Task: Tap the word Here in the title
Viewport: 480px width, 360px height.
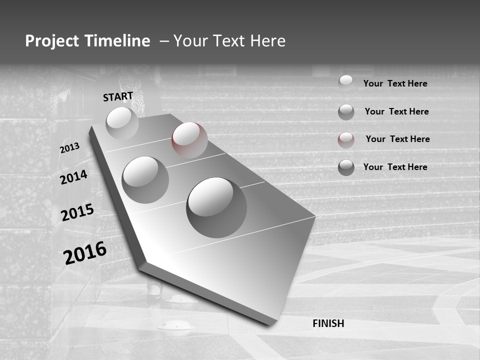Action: (267, 41)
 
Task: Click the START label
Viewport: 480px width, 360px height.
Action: (118, 96)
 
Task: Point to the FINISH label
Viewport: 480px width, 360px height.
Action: (328, 323)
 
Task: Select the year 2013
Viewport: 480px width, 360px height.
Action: (70, 147)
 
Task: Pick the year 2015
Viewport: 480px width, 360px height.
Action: (77, 212)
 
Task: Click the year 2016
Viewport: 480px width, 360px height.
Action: (85, 252)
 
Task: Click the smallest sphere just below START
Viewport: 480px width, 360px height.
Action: (122, 122)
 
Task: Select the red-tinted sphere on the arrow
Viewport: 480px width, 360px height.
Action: (189, 139)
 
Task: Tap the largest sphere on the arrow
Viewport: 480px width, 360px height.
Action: (216, 207)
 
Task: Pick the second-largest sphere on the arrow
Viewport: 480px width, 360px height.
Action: (145, 179)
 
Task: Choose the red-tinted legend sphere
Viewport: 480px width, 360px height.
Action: (346, 139)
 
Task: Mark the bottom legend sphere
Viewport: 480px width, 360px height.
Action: (346, 167)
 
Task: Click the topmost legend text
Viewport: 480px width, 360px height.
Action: (395, 83)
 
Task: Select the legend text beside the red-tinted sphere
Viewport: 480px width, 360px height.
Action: (397, 139)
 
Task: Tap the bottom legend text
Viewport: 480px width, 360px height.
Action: (395, 167)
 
